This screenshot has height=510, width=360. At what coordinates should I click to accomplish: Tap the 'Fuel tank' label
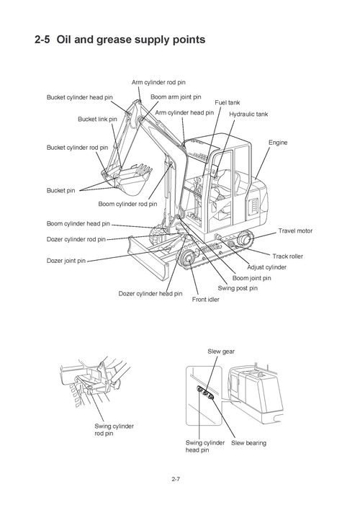coord(228,103)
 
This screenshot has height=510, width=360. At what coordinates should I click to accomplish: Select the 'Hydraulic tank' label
coord(248,115)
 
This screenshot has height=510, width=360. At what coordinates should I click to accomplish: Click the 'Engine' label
coord(278,143)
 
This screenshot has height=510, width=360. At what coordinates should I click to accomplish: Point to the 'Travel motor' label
coord(296,231)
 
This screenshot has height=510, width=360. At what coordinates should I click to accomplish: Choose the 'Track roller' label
coord(288,256)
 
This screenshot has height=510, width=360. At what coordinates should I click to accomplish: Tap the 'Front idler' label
coord(205,299)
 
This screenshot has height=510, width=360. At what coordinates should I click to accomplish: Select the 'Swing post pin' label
coord(238,288)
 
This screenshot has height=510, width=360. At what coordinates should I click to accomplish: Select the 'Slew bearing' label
coord(248,442)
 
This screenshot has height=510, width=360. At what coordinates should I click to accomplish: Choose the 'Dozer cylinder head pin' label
coord(150,293)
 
